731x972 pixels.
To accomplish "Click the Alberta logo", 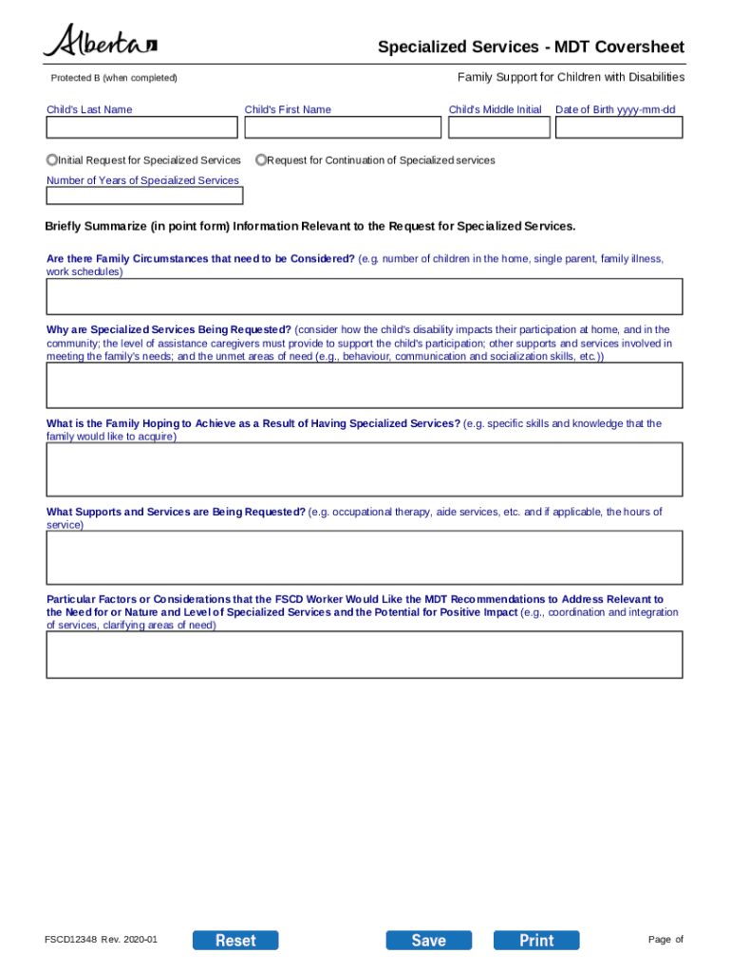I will [x=100, y=42].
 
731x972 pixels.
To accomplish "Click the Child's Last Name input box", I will [x=142, y=127].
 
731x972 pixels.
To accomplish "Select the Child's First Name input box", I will [x=341, y=127].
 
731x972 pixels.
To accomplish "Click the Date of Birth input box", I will [x=618, y=127].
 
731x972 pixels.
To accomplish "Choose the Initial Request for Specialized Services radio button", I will [x=52, y=160].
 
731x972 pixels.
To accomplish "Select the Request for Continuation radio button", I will [x=261, y=160].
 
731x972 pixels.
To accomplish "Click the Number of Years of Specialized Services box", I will [x=144, y=196].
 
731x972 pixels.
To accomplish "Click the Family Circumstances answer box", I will [x=365, y=296].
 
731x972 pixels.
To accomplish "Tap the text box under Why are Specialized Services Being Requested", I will [x=365, y=385].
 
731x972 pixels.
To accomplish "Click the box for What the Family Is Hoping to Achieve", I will [x=365, y=469].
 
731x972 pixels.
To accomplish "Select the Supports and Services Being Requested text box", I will [x=365, y=557].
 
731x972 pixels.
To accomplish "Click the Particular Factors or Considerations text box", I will [x=365, y=654].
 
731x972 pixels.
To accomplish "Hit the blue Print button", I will [x=536, y=940].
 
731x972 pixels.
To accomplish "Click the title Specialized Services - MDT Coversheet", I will [x=531, y=47].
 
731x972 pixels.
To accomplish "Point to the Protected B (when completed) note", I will [x=114, y=78].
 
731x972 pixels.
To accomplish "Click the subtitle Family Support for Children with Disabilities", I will [x=571, y=77].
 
